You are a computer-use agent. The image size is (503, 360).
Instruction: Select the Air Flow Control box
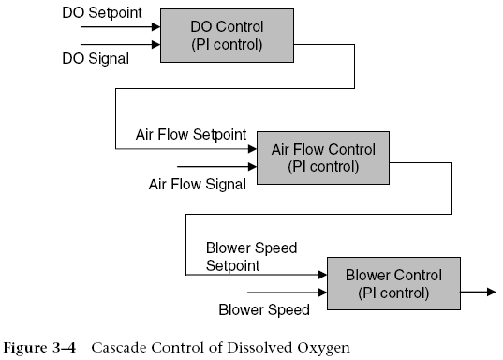322,157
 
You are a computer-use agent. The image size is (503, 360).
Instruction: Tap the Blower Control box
393,283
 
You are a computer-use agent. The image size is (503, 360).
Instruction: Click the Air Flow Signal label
197,184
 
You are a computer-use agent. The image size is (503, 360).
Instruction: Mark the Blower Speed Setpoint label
250,257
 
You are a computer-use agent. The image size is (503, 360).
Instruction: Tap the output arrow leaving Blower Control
479,292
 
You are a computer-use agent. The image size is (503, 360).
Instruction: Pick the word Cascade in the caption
118,347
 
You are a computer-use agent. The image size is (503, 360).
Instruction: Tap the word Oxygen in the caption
323,347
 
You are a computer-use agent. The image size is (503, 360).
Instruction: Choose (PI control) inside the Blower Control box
393,292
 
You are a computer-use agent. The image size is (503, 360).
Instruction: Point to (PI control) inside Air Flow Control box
322,167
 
